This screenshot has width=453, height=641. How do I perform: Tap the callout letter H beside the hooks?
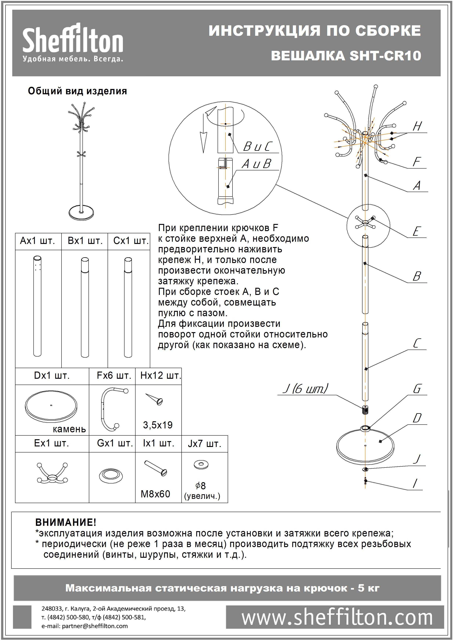point(417,127)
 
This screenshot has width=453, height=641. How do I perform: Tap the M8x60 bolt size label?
point(155,494)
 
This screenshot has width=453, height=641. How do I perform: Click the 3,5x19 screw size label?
point(158,425)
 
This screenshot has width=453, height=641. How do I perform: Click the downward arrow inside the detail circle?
point(203,141)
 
